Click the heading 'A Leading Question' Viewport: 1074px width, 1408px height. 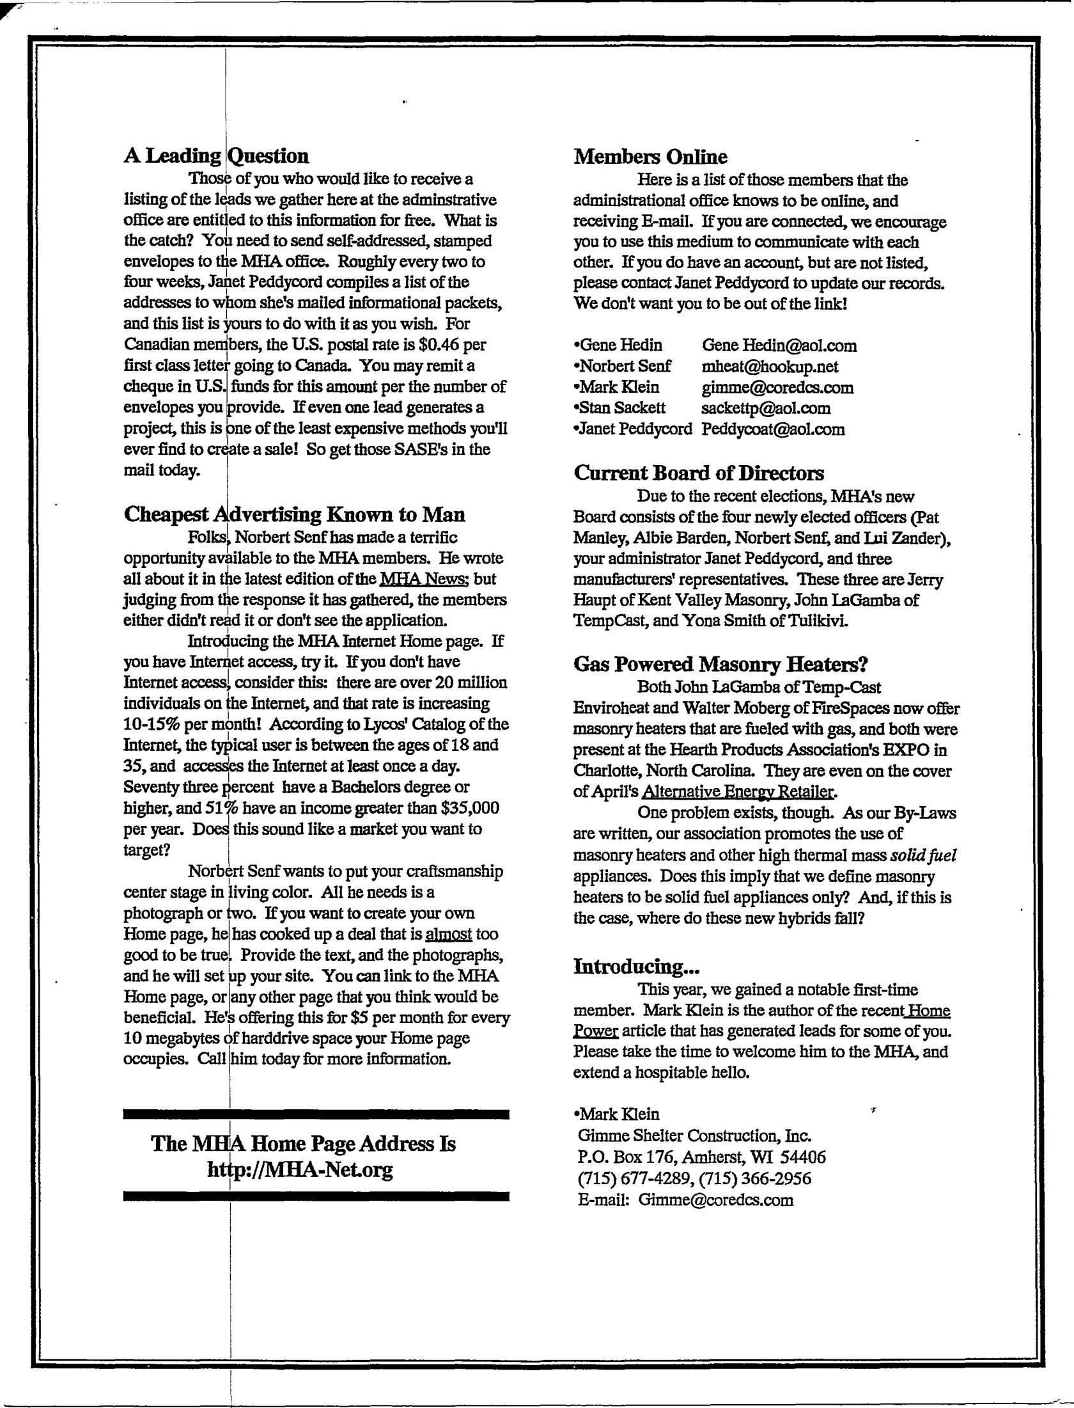216,156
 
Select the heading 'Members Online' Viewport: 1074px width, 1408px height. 650,157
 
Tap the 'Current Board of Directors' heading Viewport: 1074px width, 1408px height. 699,473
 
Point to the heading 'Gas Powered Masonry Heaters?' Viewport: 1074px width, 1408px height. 720,665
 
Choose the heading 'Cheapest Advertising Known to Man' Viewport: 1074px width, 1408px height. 294,514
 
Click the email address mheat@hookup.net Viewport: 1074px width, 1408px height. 770,367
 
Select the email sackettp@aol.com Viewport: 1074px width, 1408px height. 766,408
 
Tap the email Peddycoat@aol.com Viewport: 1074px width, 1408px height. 773,429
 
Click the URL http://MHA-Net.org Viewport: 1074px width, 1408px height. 300,1169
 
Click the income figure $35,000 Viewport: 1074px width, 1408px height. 469,808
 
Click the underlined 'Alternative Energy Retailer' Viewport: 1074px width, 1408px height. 738,792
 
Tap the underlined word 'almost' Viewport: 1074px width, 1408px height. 448,934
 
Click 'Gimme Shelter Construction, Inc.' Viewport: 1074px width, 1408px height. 694,1136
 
